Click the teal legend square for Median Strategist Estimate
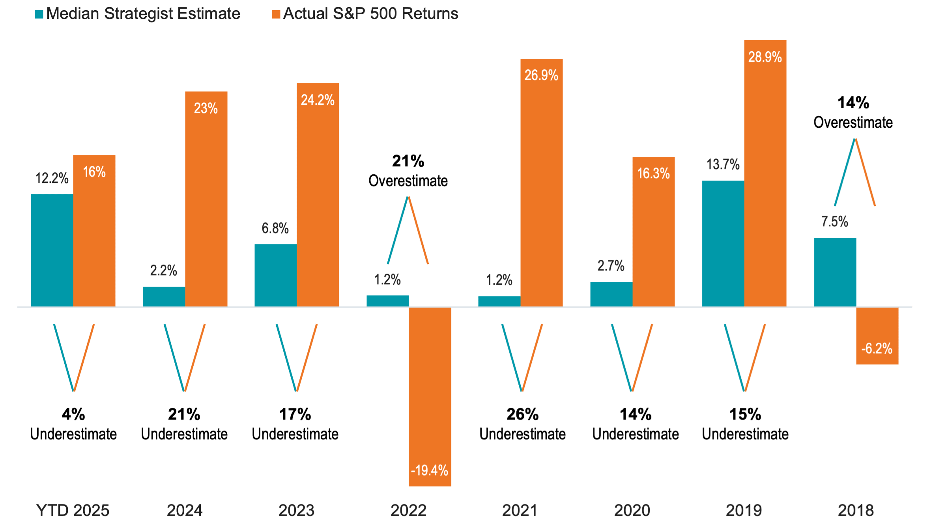tap(39, 15)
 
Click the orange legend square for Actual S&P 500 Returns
tap(276, 15)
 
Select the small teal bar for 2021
tap(499, 301)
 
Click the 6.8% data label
tap(275, 229)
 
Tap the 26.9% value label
tap(541, 75)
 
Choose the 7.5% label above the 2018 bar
tap(834, 222)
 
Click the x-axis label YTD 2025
tap(73, 510)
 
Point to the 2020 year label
tap(632, 510)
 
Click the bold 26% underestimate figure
tap(522, 414)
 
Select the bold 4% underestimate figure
tap(73, 414)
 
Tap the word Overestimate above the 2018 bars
tap(853, 123)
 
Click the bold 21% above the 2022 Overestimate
tap(408, 161)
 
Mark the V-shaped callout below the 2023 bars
tap(297, 357)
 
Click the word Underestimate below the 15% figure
tap(745, 434)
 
